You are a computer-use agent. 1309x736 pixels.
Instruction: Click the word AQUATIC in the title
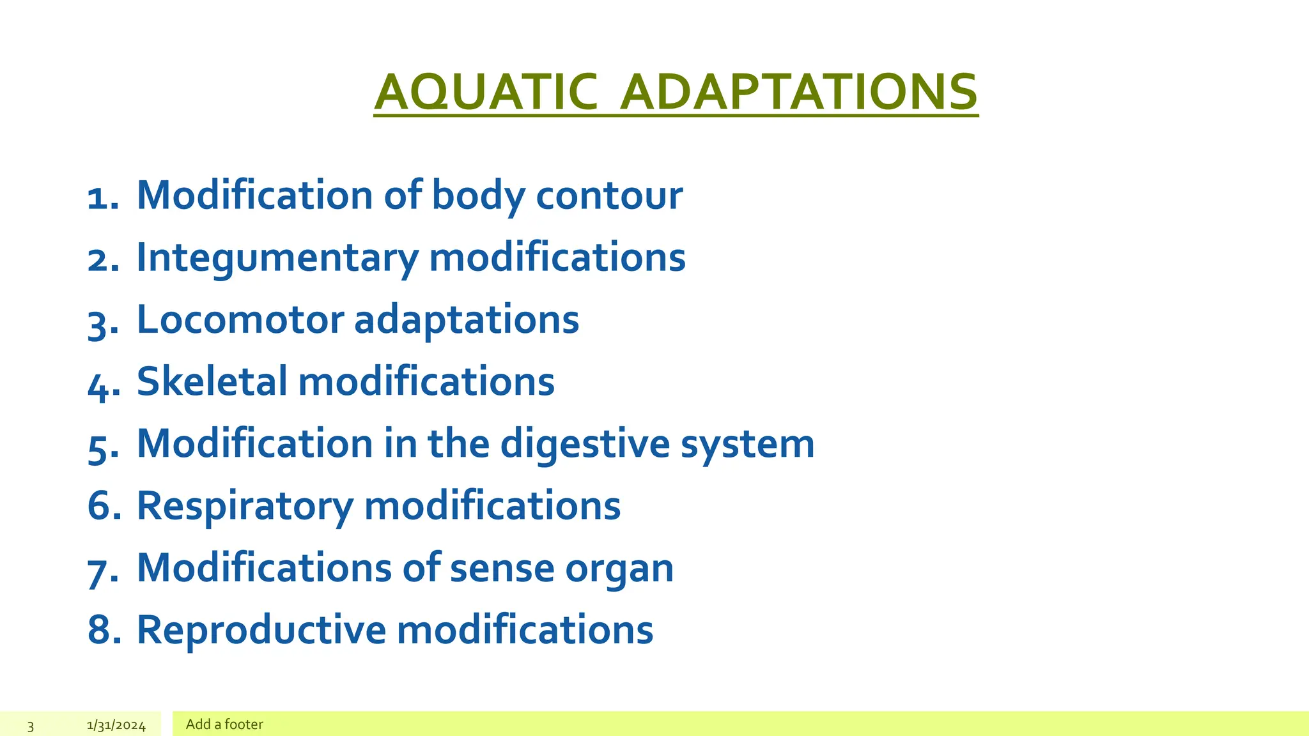tap(486, 93)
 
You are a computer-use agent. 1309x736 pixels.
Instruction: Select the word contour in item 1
tap(609, 195)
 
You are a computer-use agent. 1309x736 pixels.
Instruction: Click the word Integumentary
tap(277, 257)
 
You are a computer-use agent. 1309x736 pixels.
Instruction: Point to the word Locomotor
tap(240, 319)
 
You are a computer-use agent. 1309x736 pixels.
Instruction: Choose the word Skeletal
tap(212, 381)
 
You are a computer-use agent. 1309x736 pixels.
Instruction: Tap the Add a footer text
tap(224, 724)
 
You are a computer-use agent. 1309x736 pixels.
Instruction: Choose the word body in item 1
tap(478, 195)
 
